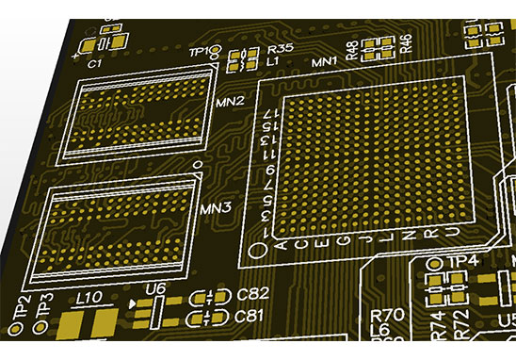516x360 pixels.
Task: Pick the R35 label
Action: click(x=280, y=47)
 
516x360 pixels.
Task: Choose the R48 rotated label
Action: click(x=352, y=50)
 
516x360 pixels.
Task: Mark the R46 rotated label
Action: click(x=406, y=43)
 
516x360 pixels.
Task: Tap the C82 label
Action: click(x=251, y=295)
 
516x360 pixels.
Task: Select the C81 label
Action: click(x=249, y=315)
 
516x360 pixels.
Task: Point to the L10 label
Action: click(x=89, y=298)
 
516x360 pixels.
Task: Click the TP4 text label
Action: click(x=464, y=260)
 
